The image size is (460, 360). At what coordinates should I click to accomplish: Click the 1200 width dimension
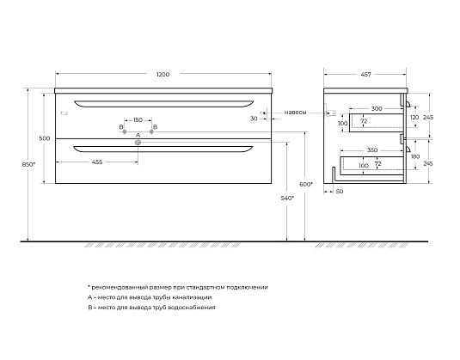pyautogui.click(x=163, y=75)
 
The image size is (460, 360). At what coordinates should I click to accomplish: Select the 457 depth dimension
pyautogui.click(x=365, y=75)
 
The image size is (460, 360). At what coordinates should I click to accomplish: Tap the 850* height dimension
pyautogui.click(x=28, y=164)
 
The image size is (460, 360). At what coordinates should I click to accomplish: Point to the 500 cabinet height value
pyautogui.click(x=45, y=138)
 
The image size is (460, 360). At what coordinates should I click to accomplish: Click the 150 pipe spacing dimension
pyautogui.click(x=138, y=120)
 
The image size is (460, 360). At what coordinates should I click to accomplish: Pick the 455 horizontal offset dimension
pyautogui.click(x=97, y=162)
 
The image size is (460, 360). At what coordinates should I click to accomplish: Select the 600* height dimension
pyautogui.click(x=306, y=184)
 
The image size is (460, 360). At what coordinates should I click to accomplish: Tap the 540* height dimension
pyautogui.click(x=287, y=198)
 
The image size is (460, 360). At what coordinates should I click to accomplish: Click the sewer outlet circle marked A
pyautogui.click(x=138, y=143)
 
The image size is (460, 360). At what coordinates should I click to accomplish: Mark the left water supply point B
pyautogui.click(x=125, y=132)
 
